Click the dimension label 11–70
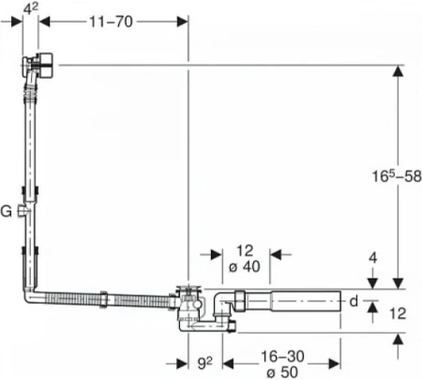(x=111, y=22)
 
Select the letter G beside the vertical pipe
(x=6, y=211)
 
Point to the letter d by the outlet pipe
(x=354, y=301)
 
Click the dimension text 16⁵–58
(x=397, y=176)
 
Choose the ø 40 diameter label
(x=244, y=266)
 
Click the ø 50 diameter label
(x=282, y=372)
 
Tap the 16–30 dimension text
(x=282, y=357)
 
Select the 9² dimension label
(x=205, y=363)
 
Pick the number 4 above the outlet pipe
(x=373, y=258)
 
